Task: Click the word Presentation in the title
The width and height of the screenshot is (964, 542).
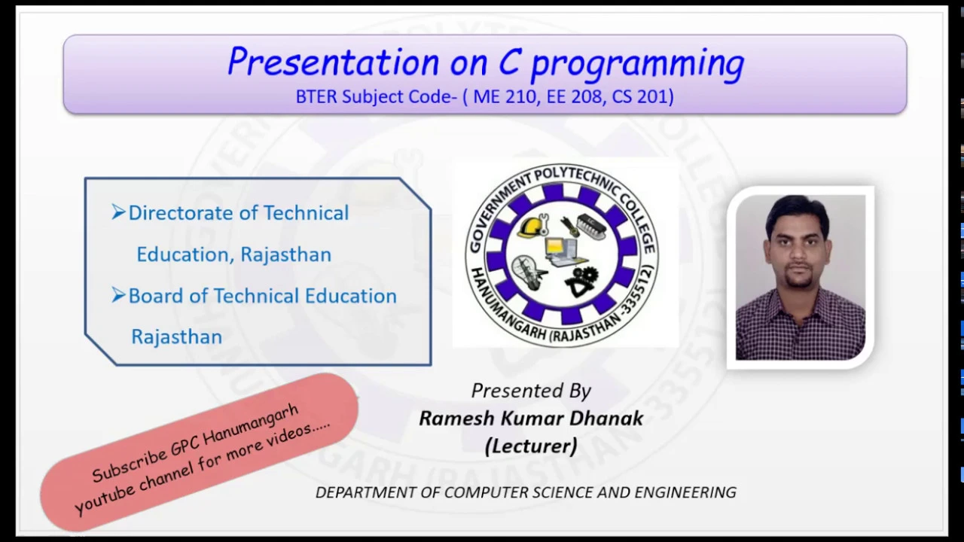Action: point(333,62)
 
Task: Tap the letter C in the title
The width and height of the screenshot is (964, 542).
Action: point(510,62)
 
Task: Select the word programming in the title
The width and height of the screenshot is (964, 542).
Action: point(638,65)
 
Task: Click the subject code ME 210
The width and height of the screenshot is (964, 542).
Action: point(505,96)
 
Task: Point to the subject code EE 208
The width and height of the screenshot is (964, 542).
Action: point(574,96)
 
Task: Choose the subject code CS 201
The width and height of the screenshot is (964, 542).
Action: point(639,96)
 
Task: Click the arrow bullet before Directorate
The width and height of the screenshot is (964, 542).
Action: point(118,212)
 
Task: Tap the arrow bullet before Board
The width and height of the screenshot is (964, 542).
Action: point(118,294)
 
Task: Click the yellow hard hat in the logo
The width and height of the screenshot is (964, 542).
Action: point(532,226)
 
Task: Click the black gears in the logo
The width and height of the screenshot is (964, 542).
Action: point(581,282)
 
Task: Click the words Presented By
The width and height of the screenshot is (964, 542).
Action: point(531,391)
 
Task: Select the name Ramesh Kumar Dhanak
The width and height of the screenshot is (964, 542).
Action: point(531,418)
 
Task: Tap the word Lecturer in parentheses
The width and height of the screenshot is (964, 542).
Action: point(531,446)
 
